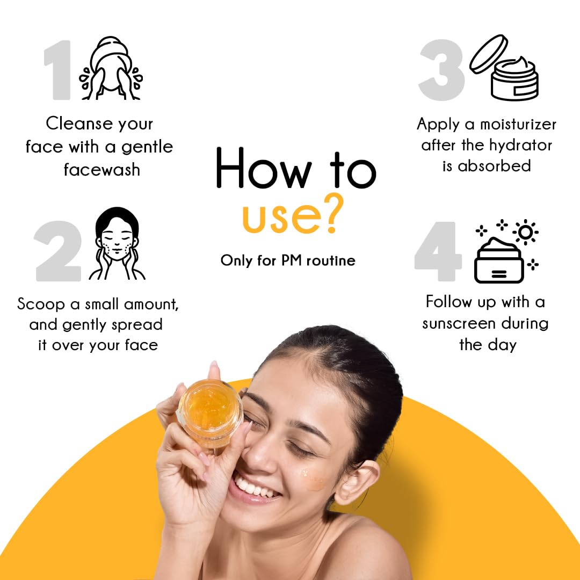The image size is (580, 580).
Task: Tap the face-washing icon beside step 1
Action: coord(111,68)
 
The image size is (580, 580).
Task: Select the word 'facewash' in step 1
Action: coord(102,170)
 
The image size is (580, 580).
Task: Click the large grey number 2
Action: coord(58,251)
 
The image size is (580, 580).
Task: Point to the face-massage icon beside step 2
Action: coord(117,243)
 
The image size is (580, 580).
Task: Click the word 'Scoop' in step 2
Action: coord(41,305)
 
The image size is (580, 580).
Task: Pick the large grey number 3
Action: coord(441,70)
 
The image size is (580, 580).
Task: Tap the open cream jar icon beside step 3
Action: coord(504,68)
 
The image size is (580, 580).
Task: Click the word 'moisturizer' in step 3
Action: coord(518,124)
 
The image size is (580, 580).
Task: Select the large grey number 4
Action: coord(438,251)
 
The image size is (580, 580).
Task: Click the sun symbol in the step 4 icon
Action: coord(525,233)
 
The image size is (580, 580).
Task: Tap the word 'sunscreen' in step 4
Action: coord(453,324)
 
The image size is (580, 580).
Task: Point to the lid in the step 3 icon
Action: coord(489,54)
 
